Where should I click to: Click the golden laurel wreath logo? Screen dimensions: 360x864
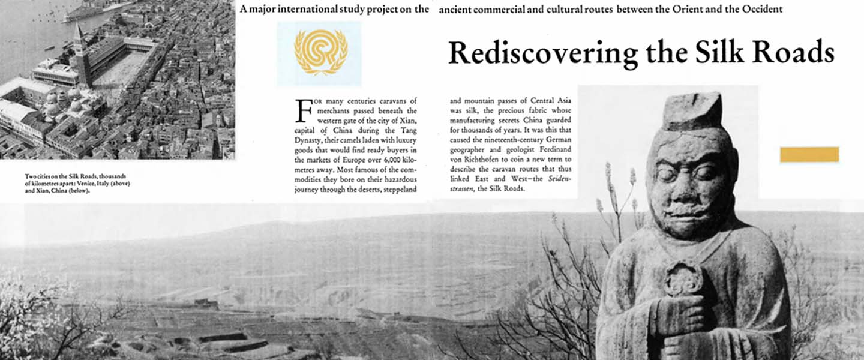tap(320, 53)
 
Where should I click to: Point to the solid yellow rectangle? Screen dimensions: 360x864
tap(809, 154)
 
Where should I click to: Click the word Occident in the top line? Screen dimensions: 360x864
tap(762, 10)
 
